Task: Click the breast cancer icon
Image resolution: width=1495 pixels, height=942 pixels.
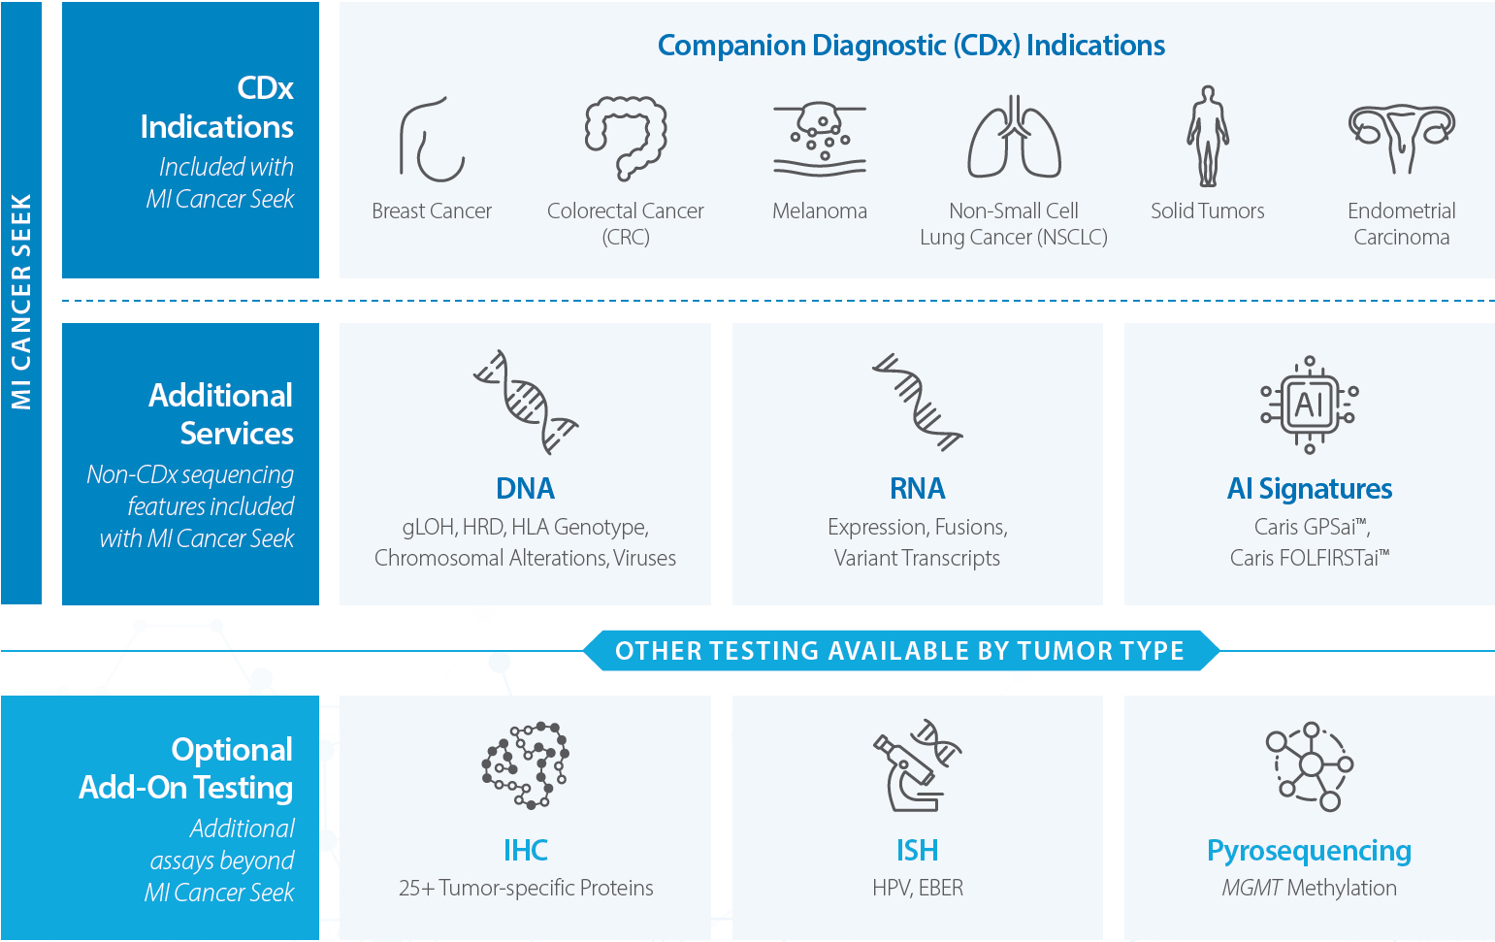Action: point(432,140)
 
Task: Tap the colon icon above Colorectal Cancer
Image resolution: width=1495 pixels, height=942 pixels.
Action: point(626,138)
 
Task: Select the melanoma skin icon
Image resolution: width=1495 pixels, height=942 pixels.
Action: point(820,139)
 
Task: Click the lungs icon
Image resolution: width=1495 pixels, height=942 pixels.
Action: point(1014,138)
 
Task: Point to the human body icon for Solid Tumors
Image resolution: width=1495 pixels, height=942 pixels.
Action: point(1208,137)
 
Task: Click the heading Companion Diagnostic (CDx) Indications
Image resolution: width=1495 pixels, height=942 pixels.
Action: point(911,46)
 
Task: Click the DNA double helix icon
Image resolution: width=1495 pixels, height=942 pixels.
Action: point(525,402)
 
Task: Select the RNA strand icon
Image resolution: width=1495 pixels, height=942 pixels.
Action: point(917,402)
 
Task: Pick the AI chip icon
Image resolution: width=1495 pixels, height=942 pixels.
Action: point(1309,404)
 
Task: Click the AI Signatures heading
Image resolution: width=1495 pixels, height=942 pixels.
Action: point(1309,489)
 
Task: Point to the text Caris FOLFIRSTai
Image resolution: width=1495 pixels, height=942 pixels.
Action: point(1309,558)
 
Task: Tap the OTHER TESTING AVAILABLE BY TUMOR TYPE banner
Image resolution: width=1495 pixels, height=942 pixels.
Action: point(899,651)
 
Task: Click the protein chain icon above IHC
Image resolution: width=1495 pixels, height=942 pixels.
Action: point(525,764)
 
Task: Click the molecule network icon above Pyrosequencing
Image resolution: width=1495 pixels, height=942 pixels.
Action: point(1309,766)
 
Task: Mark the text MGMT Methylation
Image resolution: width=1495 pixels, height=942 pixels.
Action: point(1309,888)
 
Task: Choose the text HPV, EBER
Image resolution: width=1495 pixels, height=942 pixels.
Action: point(917,888)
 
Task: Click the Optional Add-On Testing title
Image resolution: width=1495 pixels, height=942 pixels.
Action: point(186,768)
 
